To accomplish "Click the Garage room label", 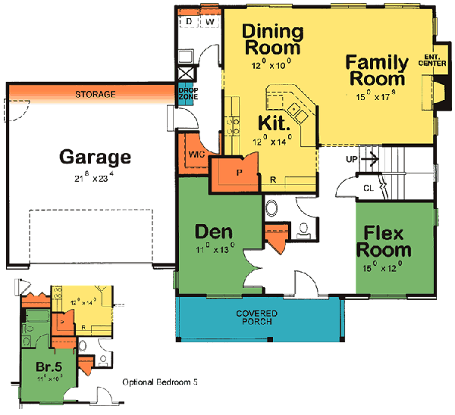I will (96, 158).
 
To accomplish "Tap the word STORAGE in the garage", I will (95, 95).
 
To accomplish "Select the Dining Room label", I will (272, 40).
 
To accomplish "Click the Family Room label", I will (376, 70).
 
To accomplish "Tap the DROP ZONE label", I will (187, 93).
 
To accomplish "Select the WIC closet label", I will (196, 154).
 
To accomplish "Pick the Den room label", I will (212, 232).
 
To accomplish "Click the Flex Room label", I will (387, 241).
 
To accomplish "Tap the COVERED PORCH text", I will (256, 317).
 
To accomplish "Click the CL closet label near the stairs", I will (368, 186).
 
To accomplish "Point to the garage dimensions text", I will (95, 179).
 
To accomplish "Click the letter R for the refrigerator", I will (272, 179).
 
